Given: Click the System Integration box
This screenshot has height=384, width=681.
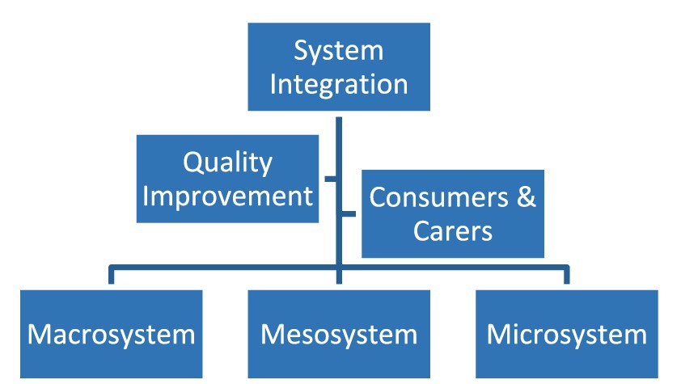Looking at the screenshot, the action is tap(339, 67).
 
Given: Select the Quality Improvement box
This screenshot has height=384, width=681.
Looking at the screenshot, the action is tap(227, 179).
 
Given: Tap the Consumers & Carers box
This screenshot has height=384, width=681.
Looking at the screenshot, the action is tap(453, 214).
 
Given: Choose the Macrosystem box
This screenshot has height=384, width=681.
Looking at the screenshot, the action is tap(111, 334).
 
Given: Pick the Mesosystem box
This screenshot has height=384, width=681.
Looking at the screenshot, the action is tap(339, 334).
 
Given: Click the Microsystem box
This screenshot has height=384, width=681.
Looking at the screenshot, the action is tap(567, 334).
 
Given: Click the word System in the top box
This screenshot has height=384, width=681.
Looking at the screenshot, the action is tap(339, 51).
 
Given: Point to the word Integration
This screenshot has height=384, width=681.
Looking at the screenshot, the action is tap(339, 84).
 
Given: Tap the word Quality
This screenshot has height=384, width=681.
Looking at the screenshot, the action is tap(227, 163).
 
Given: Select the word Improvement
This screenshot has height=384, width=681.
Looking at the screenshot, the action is tap(227, 196).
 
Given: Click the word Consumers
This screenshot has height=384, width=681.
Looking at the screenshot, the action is tap(438, 197).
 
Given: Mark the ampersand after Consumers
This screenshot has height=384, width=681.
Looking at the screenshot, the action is tap(527, 197).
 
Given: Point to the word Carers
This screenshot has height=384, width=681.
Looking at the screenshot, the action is tap(453, 230).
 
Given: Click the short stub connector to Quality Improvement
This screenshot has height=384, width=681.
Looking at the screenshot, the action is tap(331, 179).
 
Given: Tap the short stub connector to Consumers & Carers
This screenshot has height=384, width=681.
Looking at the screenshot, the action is tap(349, 214).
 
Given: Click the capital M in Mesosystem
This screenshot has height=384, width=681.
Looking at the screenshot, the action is tap(273, 335).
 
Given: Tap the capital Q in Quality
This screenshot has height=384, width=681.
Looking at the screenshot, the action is tap(192, 162).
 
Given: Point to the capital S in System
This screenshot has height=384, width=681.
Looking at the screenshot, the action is tap(301, 50).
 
